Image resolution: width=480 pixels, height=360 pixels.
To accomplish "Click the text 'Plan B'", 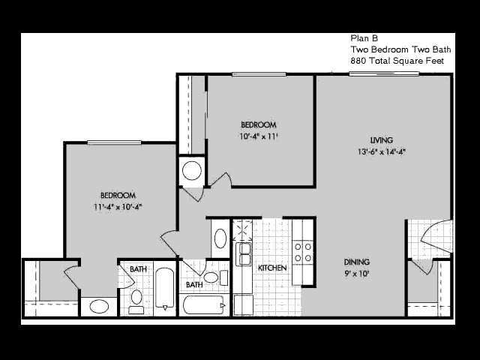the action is tap(364, 38).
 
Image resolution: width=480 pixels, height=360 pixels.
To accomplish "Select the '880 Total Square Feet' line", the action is tap(397, 61).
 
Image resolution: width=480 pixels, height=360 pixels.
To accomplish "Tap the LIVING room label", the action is tap(382, 140).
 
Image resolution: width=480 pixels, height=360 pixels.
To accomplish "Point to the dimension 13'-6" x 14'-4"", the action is tap(382, 151).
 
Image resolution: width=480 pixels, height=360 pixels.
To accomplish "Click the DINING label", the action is tap(357, 262).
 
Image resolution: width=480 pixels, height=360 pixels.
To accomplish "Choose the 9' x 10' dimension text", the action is tap(357, 273).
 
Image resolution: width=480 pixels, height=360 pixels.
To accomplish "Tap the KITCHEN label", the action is tap(272, 268).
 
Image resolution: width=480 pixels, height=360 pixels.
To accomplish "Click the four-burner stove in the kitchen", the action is tap(303, 252).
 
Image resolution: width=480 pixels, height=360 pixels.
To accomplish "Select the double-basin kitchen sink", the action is tap(243, 253).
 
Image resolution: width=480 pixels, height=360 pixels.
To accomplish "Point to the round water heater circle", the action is tap(192, 170).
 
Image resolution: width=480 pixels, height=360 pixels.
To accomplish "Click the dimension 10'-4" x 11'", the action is tap(258, 136).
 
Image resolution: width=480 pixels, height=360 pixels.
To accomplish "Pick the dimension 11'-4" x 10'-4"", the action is tap(118, 207).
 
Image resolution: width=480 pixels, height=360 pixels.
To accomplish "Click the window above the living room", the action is tap(384, 73).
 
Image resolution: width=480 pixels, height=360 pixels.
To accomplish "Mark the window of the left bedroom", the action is tap(114, 142).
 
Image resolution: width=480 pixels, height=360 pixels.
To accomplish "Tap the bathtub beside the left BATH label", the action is tap(165, 289).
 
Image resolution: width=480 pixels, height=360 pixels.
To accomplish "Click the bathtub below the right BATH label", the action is tap(204, 305).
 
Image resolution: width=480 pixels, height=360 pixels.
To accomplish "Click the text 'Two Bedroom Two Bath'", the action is tap(400, 49).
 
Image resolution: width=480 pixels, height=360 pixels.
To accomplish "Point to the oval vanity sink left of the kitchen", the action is tap(220, 238).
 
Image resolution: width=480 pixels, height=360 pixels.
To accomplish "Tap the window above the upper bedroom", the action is tap(259, 74).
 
